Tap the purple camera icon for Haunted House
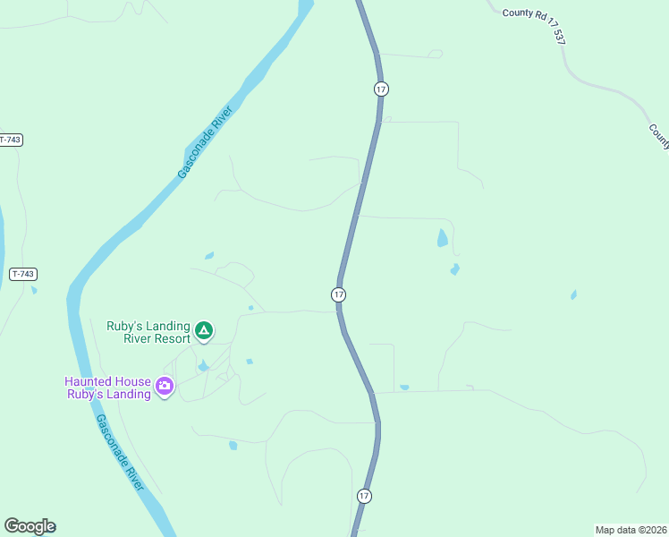(165, 387)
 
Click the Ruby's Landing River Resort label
(148, 332)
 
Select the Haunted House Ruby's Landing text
(107, 388)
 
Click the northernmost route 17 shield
(382, 89)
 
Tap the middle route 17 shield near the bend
(338, 294)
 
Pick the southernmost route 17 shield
(364, 496)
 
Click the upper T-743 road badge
(10, 140)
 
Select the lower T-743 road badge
(24, 274)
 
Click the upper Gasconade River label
(205, 142)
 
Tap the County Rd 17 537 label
(535, 23)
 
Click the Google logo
(30, 526)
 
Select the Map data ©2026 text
(631, 529)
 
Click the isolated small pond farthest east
(573, 294)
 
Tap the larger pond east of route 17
(442, 238)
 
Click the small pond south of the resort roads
(233, 445)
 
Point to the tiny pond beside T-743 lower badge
(34, 289)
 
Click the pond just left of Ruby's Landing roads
(209, 256)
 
